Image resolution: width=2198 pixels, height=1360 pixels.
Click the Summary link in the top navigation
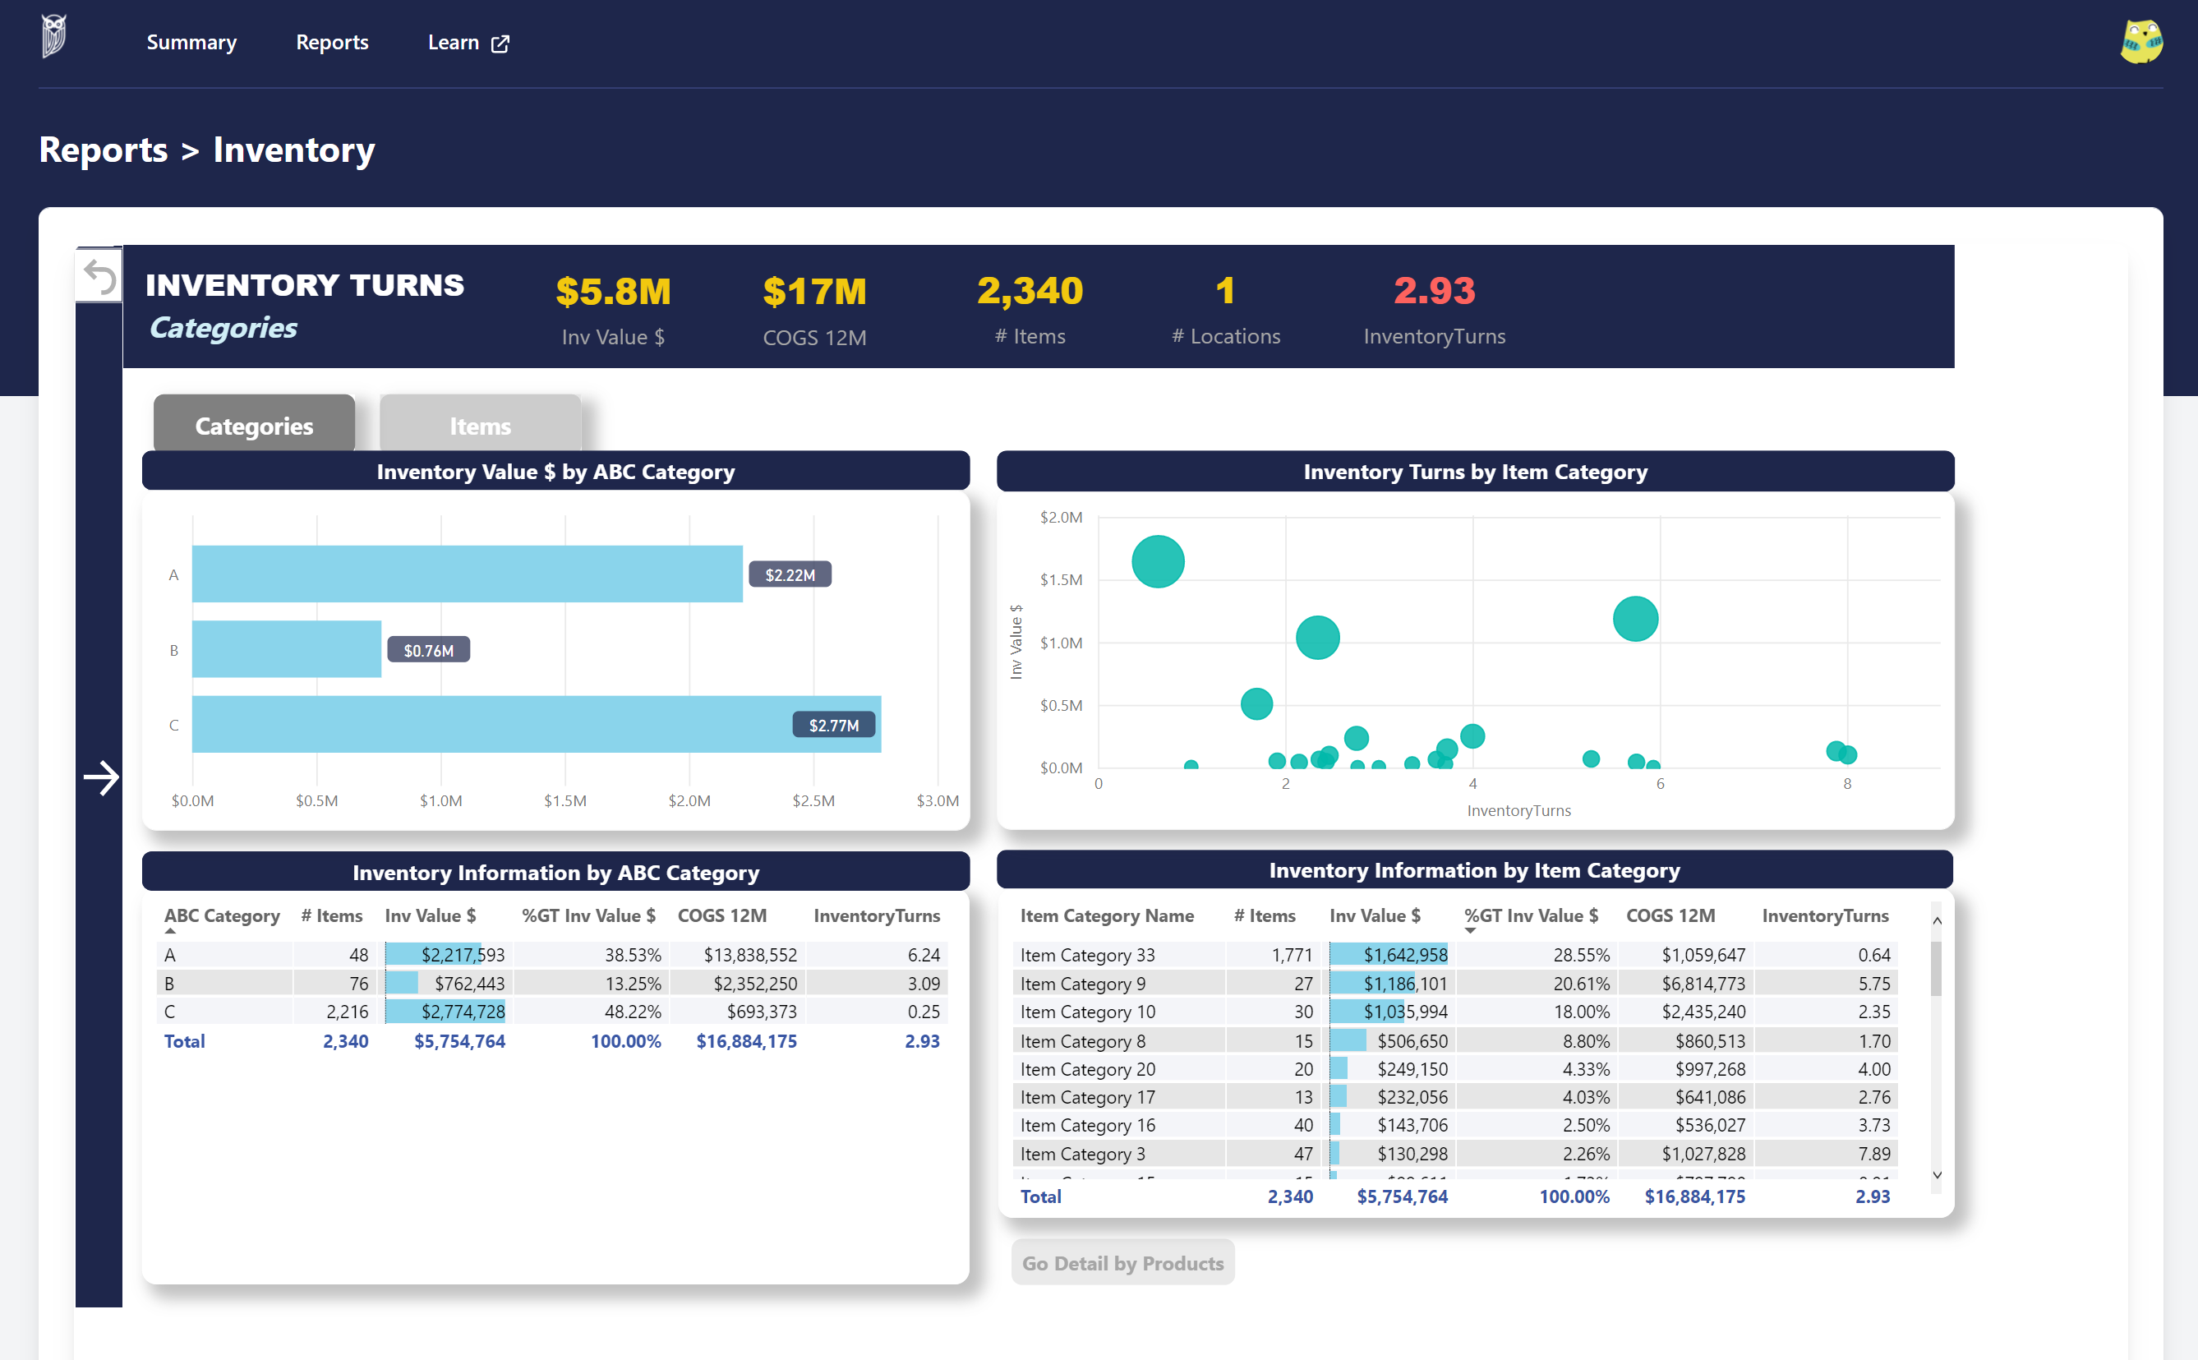(x=191, y=42)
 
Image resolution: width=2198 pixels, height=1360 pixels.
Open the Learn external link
(x=468, y=42)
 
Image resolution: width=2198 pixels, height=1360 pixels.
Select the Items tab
(x=479, y=426)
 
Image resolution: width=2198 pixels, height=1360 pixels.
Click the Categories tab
(x=254, y=426)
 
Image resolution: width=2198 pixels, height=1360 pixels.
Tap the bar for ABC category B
(x=286, y=648)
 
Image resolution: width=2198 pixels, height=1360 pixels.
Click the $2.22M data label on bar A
(x=790, y=574)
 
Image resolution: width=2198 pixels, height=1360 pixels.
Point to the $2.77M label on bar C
(x=833, y=725)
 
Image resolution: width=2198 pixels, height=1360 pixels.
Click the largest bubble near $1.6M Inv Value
(x=1158, y=561)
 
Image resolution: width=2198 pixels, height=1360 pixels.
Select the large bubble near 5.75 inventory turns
(x=1634, y=619)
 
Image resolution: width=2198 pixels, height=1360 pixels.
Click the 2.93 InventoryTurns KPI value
(x=1434, y=291)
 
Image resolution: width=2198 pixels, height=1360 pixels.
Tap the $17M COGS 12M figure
(x=814, y=292)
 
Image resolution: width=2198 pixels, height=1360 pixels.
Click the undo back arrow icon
(x=99, y=276)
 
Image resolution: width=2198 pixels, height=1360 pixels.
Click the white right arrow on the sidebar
(x=101, y=777)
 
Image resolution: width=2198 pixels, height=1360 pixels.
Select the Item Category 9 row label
(x=1082, y=983)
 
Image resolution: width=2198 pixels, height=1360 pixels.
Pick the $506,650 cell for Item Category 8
(x=1412, y=1040)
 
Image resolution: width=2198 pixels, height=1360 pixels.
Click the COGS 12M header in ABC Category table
(x=721, y=915)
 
